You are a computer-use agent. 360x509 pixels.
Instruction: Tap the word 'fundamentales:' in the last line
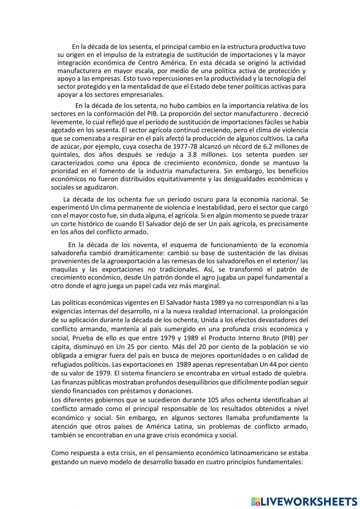click(281, 461)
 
